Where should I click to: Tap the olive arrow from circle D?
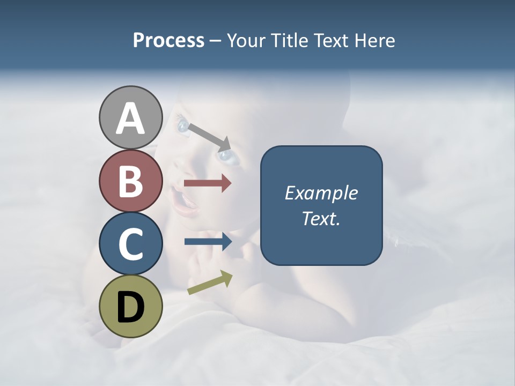tap(210, 283)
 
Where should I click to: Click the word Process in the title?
tap(168, 41)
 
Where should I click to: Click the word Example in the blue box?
tap(321, 193)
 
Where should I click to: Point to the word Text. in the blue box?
tap(321, 218)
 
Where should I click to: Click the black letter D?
tap(131, 307)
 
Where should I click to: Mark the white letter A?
tap(131, 118)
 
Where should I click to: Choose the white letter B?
tap(131, 181)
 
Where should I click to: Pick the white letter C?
tap(131, 244)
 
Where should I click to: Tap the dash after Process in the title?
tap(215, 41)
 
